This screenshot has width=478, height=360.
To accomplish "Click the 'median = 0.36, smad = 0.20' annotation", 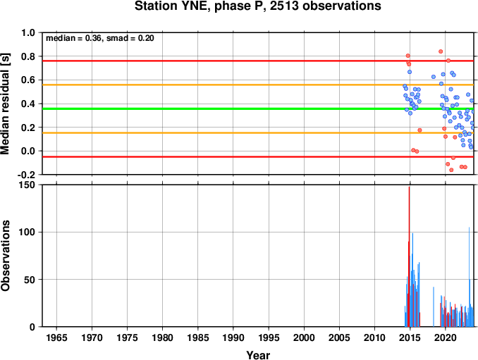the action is point(100,38).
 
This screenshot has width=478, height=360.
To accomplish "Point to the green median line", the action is point(258,108).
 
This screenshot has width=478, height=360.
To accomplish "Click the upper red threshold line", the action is point(258,61).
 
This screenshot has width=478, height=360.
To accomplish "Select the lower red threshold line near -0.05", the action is point(258,157).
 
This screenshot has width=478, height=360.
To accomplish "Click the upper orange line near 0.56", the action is point(258,85).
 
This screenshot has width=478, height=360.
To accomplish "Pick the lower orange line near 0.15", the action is point(258,132).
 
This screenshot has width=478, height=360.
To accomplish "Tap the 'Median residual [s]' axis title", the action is point(5,104).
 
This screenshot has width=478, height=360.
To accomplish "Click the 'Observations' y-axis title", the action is point(5,256).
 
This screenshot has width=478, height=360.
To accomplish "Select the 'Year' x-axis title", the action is point(258,355).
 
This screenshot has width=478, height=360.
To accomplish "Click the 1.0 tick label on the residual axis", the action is point(28,32).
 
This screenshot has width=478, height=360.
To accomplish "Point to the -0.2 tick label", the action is point(26,175).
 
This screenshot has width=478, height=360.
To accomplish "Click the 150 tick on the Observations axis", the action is point(27,185).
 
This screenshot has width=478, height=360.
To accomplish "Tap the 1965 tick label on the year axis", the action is point(56,337).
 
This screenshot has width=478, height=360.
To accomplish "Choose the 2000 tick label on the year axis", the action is point(304,337).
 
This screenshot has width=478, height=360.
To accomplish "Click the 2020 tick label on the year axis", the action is point(446,337).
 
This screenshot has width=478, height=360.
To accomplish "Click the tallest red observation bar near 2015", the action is point(409,256).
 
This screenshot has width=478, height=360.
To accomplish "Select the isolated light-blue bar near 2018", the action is point(434,306).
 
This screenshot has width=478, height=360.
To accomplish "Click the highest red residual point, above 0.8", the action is point(441,51).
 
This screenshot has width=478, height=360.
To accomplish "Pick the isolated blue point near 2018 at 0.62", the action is point(434,77).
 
